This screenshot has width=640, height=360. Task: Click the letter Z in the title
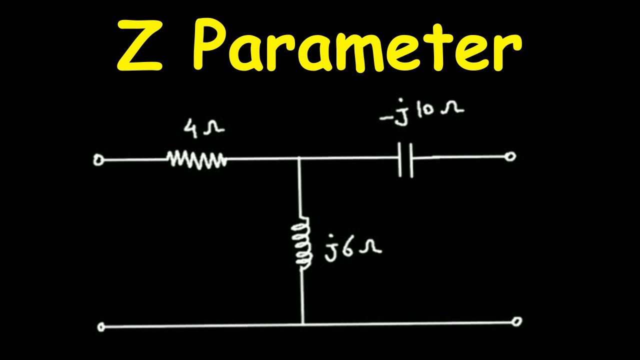point(139,45)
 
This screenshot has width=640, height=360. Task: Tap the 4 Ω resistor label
point(203,129)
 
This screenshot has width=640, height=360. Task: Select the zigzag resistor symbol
point(197,160)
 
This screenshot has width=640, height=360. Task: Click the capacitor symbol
point(405,160)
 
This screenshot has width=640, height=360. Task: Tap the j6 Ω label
point(352,248)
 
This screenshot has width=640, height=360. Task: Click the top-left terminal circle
point(98,160)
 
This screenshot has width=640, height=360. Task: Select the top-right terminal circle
point(510,156)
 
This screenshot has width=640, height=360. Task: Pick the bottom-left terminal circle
point(101,327)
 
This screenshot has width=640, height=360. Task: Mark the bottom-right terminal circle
point(516,321)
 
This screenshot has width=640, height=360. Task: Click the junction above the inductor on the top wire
point(298,158)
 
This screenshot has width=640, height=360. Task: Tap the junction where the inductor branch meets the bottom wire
point(303,324)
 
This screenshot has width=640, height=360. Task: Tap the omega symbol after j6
point(370,247)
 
